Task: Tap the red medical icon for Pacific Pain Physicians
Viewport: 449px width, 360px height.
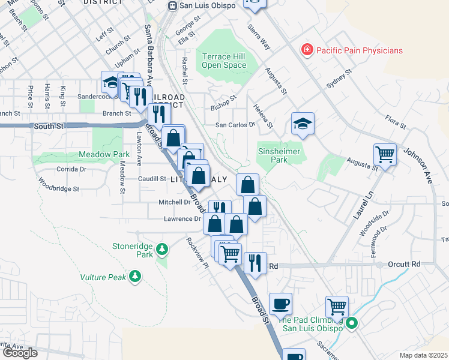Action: (x=307, y=49)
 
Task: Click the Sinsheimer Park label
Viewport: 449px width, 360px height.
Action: (x=281, y=156)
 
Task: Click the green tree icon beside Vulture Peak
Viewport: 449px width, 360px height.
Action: (x=136, y=276)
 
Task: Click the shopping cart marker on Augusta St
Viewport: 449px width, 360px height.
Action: (x=385, y=154)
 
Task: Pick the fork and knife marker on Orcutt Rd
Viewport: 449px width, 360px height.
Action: (x=255, y=262)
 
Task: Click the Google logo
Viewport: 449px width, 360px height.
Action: (x=20, y=353)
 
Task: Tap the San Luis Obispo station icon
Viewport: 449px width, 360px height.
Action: (x=172, y=5)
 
